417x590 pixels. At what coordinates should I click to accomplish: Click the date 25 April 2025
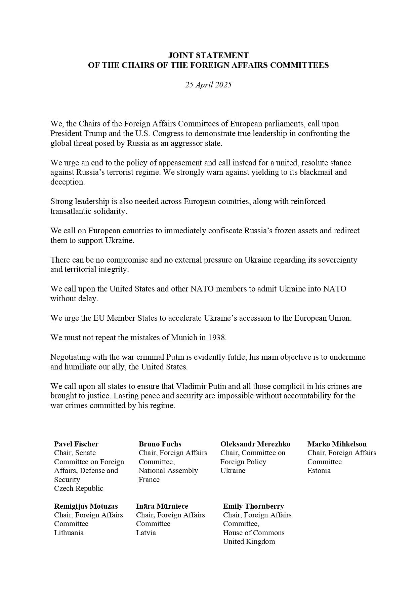pos(208,85)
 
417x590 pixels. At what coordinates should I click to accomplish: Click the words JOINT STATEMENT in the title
pos(208,55)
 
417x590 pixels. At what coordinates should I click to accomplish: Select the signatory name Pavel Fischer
pos(76,444)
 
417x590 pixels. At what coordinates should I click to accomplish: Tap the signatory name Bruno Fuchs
pos(160,444)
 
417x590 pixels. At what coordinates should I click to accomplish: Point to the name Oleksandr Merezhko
pos(255,444)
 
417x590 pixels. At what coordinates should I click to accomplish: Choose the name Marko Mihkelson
pos(337,444)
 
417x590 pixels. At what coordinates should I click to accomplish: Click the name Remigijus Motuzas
pos(86,506)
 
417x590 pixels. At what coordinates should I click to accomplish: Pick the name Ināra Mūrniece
pos(162,506)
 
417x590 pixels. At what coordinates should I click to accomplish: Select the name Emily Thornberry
pos(254,506)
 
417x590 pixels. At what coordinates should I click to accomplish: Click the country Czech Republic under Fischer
pos(79,488)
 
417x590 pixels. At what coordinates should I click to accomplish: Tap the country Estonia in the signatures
pos(319,471)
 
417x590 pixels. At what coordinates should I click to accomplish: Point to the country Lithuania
pos(69,533)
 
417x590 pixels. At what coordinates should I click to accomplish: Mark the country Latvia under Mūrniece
pos(146,533)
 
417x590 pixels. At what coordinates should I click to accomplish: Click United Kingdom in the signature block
pos(249,542)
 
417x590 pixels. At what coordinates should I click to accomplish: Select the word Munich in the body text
pos(184,338)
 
